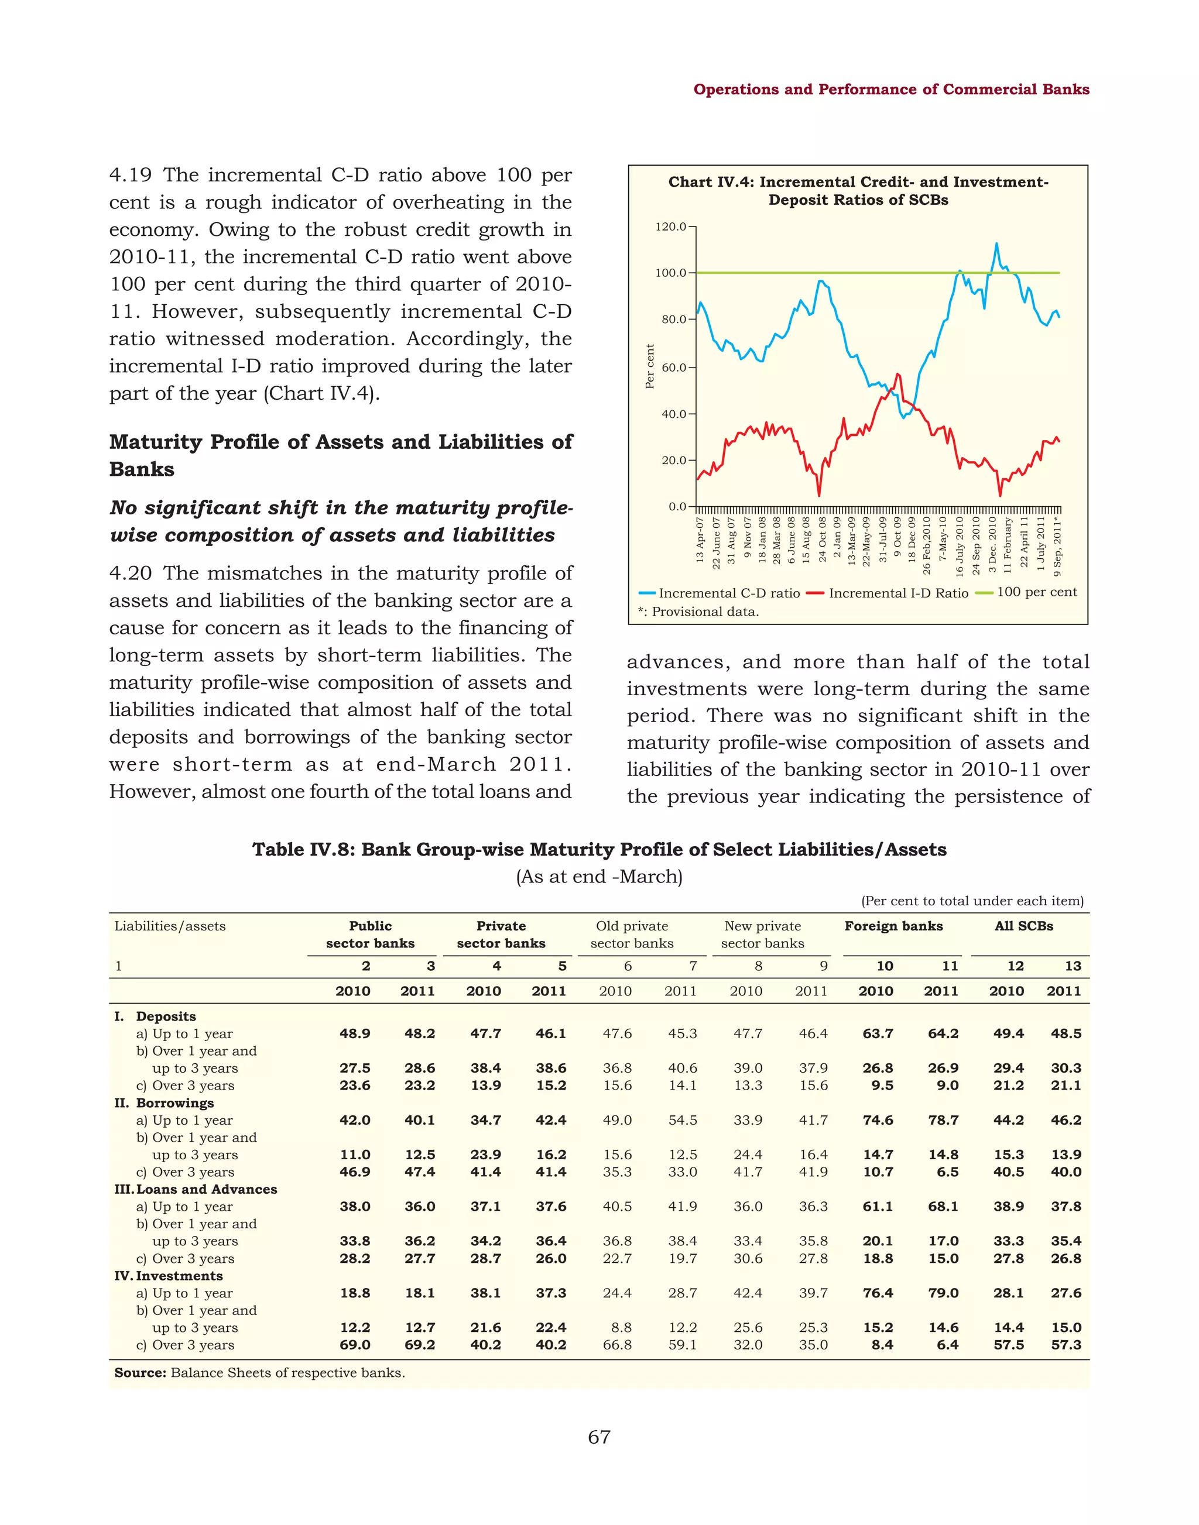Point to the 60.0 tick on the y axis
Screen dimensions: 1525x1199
tap(674, 367)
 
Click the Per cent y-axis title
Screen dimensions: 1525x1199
tap(649, 366)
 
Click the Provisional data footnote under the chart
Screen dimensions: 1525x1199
tap(698, 612)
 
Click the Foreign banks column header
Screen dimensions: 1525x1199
tap(893, 926)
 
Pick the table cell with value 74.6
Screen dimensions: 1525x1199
tap(878, 1120)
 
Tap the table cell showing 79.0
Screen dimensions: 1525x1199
tap(943, 1293)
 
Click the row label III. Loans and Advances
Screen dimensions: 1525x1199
tap(196, 1189)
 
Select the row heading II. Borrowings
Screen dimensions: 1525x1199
tap(165, 1102)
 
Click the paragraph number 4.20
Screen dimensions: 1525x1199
tap(131, 573)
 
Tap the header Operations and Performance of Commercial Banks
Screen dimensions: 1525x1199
tap(891, 89)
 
